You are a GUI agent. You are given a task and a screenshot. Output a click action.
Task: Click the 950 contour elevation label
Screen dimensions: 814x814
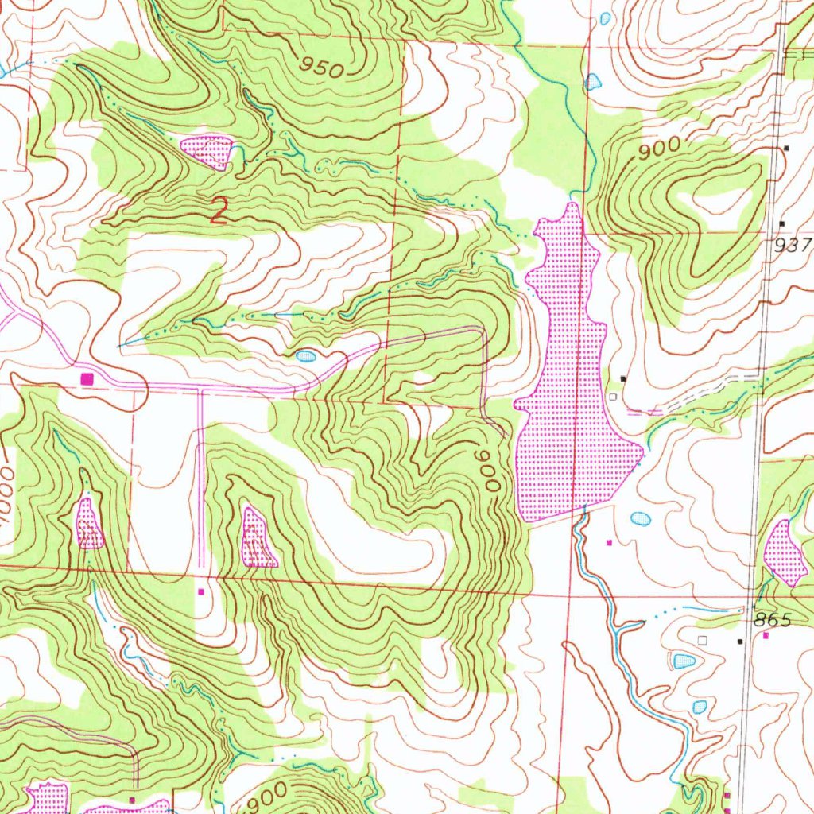(x=323, y=68)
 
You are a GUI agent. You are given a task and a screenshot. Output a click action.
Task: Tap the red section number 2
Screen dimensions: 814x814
(x=219, y=211)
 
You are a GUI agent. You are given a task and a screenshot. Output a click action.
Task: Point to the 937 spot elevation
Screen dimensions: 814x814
(x=793, y=246)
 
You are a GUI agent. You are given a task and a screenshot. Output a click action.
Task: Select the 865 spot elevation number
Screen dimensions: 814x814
(x=773, y=619)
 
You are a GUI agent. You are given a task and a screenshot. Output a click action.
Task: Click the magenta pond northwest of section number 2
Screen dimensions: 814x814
(x=207, y=151)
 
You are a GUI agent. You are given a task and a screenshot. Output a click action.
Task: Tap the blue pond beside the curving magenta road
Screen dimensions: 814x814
(x=306, y=356)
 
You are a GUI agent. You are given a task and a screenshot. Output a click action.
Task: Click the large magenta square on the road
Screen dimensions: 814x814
(x=87, y=378)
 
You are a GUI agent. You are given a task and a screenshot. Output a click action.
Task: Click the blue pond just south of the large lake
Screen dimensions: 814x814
(x=640, y=519)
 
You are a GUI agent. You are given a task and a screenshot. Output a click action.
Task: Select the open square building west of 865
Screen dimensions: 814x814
(x=701, y=639)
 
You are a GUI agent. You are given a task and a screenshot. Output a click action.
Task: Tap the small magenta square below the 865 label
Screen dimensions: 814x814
(x=766, y=636)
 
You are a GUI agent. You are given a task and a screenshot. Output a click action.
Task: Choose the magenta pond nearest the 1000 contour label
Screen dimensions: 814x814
(x=89, y=525)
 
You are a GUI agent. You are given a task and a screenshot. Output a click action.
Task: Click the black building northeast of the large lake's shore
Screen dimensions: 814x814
(x=623, y=378)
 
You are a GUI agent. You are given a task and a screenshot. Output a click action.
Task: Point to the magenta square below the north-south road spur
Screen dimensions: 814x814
(x=200, y=591)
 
